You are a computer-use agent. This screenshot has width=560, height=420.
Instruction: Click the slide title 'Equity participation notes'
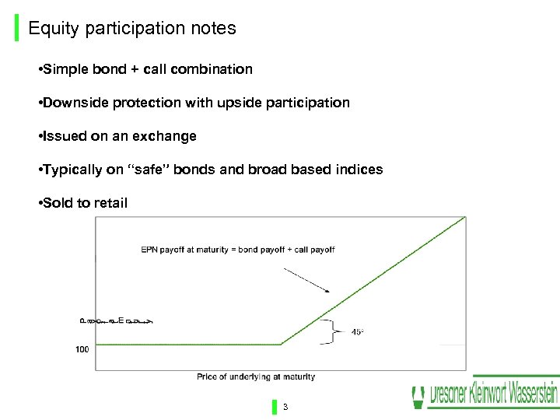(131, 29)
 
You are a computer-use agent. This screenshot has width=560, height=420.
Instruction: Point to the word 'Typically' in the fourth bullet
(72, 170)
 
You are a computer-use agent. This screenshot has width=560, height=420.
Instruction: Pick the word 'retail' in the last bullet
(109, 203)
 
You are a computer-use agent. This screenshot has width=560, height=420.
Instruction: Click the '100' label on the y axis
(82, 350)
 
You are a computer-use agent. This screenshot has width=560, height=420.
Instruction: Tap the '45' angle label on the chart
(357, 332)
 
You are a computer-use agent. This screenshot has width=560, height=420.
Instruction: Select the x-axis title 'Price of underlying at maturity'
(256, 377)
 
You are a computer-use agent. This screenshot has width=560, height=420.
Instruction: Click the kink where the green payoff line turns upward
(281, 345)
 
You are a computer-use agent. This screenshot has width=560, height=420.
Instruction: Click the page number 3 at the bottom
(285, 407)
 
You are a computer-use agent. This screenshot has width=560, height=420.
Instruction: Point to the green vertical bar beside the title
(18, 30)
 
